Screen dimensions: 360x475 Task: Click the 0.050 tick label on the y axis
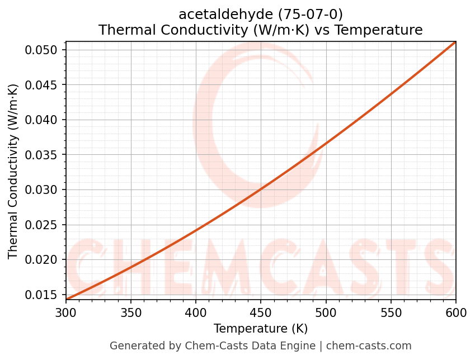tap(42, 50)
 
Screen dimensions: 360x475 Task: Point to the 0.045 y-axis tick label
tap(42, 85)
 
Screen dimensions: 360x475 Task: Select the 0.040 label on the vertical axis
tap(42, 120)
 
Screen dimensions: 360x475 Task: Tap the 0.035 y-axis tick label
tap(42, 155)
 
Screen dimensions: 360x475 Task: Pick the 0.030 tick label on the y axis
tap(42, 190)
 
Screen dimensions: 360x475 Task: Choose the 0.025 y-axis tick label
tap(42, 225)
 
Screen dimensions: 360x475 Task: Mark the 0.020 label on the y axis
tap(42, 260)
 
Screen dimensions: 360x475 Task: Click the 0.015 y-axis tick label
tap(42, 295)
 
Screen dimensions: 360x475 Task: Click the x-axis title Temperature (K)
tap(261, 328)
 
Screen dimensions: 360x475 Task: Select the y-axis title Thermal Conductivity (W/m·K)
tap(13, 171)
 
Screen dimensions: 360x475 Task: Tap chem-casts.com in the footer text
tap(369, 346)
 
